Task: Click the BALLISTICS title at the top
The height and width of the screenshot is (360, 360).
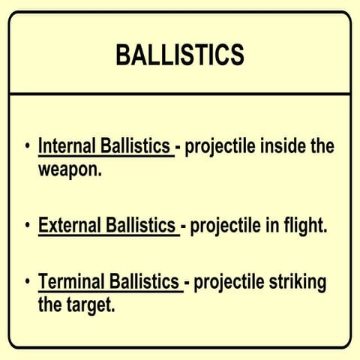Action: pos(180,55)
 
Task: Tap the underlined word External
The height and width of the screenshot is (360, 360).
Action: pos(66,225)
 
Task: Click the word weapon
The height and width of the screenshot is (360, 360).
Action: pos(67,169)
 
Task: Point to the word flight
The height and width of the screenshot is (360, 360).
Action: pos(304,225)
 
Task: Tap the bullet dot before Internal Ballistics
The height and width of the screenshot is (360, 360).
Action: pos(28,145)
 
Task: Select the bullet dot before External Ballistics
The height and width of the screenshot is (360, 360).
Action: pos(28,225)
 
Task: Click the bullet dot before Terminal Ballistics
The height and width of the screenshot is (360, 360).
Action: pos(28,283)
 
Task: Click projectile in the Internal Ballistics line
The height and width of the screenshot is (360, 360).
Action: pos(218,145)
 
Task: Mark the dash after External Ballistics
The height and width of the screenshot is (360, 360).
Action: pos(183,226)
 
